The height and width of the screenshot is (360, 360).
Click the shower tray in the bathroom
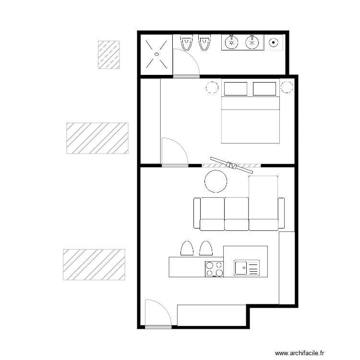(156, 54)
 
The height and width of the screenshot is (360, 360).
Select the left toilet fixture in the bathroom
(186, 44)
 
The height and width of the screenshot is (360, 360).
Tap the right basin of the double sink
(252, 42)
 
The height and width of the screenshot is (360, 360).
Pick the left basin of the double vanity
(232, 42)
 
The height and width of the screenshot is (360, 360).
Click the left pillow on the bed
(235, 89)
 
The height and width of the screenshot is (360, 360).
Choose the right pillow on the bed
(264, 89)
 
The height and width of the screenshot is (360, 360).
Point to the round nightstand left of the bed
(212, 87)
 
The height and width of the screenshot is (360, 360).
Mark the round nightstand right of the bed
(287, 87)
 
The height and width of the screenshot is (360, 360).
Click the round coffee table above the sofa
(216, 181)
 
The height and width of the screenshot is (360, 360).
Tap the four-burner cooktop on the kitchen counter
(214, 268)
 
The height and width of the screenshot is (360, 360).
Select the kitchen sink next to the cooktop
(246, 267)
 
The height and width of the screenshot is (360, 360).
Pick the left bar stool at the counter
(186, 248)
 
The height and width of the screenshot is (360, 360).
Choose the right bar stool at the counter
(206, 248)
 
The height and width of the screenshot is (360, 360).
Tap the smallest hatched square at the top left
(108, 55)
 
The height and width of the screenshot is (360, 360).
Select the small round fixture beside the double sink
(274, 42)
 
